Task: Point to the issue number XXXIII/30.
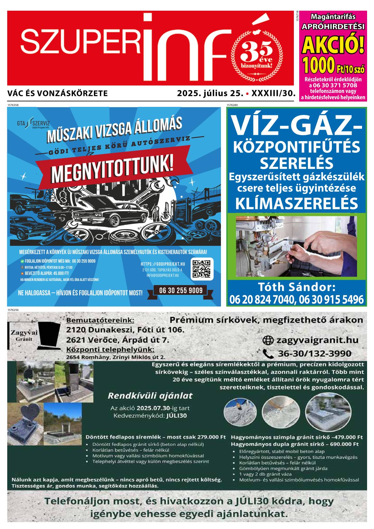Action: pos(274,93)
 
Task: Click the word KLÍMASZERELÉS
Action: pos(296,203)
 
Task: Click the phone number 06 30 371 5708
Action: pos(333,85)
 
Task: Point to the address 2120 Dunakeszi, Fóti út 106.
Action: pos(125,330)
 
